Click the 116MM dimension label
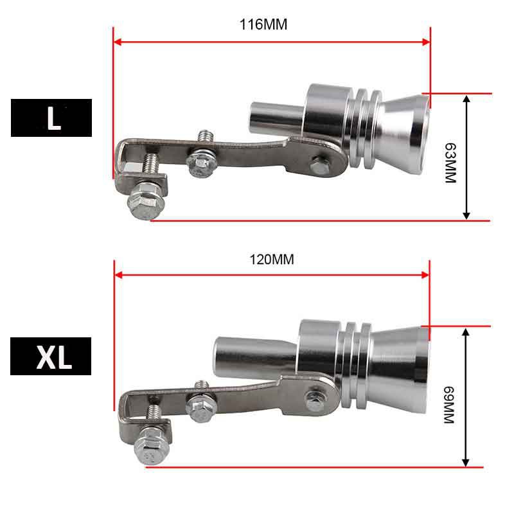point(263,24)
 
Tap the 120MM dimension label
point(272,260)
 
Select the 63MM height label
point(450,163)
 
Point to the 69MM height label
point(449,405)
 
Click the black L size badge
point(51,118)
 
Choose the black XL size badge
point(51,356)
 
